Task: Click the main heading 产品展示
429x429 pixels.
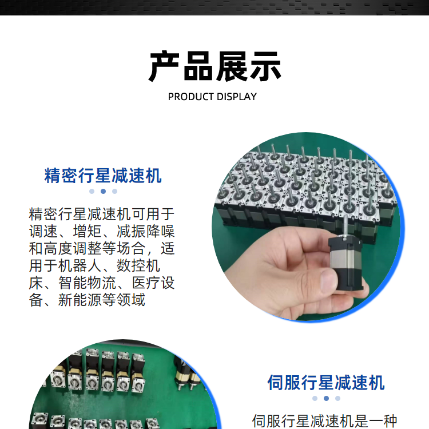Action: click(x=214, y=66)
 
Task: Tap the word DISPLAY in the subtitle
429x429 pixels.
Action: click(x=236, y=97)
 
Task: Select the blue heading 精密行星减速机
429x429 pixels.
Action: click(x=103, y=176)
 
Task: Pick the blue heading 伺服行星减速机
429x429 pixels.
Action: click(x=326, y=382)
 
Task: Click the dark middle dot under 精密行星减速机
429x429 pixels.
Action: click(x=103, y=191)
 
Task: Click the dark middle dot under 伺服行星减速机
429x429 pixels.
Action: click(x=326, y=398)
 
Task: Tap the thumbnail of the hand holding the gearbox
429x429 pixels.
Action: click(x=308, y=227)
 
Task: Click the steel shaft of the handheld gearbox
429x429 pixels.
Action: click(x=346, y=226)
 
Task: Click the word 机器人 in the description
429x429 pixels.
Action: click(x=80, y=265)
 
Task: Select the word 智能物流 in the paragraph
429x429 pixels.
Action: click(x=87, y=283)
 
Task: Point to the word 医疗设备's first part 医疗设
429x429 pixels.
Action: click(x=153, y=283)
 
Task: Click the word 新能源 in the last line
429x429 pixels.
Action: click(x=80, y=300)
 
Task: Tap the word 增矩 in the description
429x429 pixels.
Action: click(x=87, y=231)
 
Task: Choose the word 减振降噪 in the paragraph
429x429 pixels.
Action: click(x=145, y=231)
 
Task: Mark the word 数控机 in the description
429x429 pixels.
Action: click(x=138, y=265)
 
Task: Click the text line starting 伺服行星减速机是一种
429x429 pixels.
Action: click(x=324, y=422)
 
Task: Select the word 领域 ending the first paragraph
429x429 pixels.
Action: click(x=131, y=300)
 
